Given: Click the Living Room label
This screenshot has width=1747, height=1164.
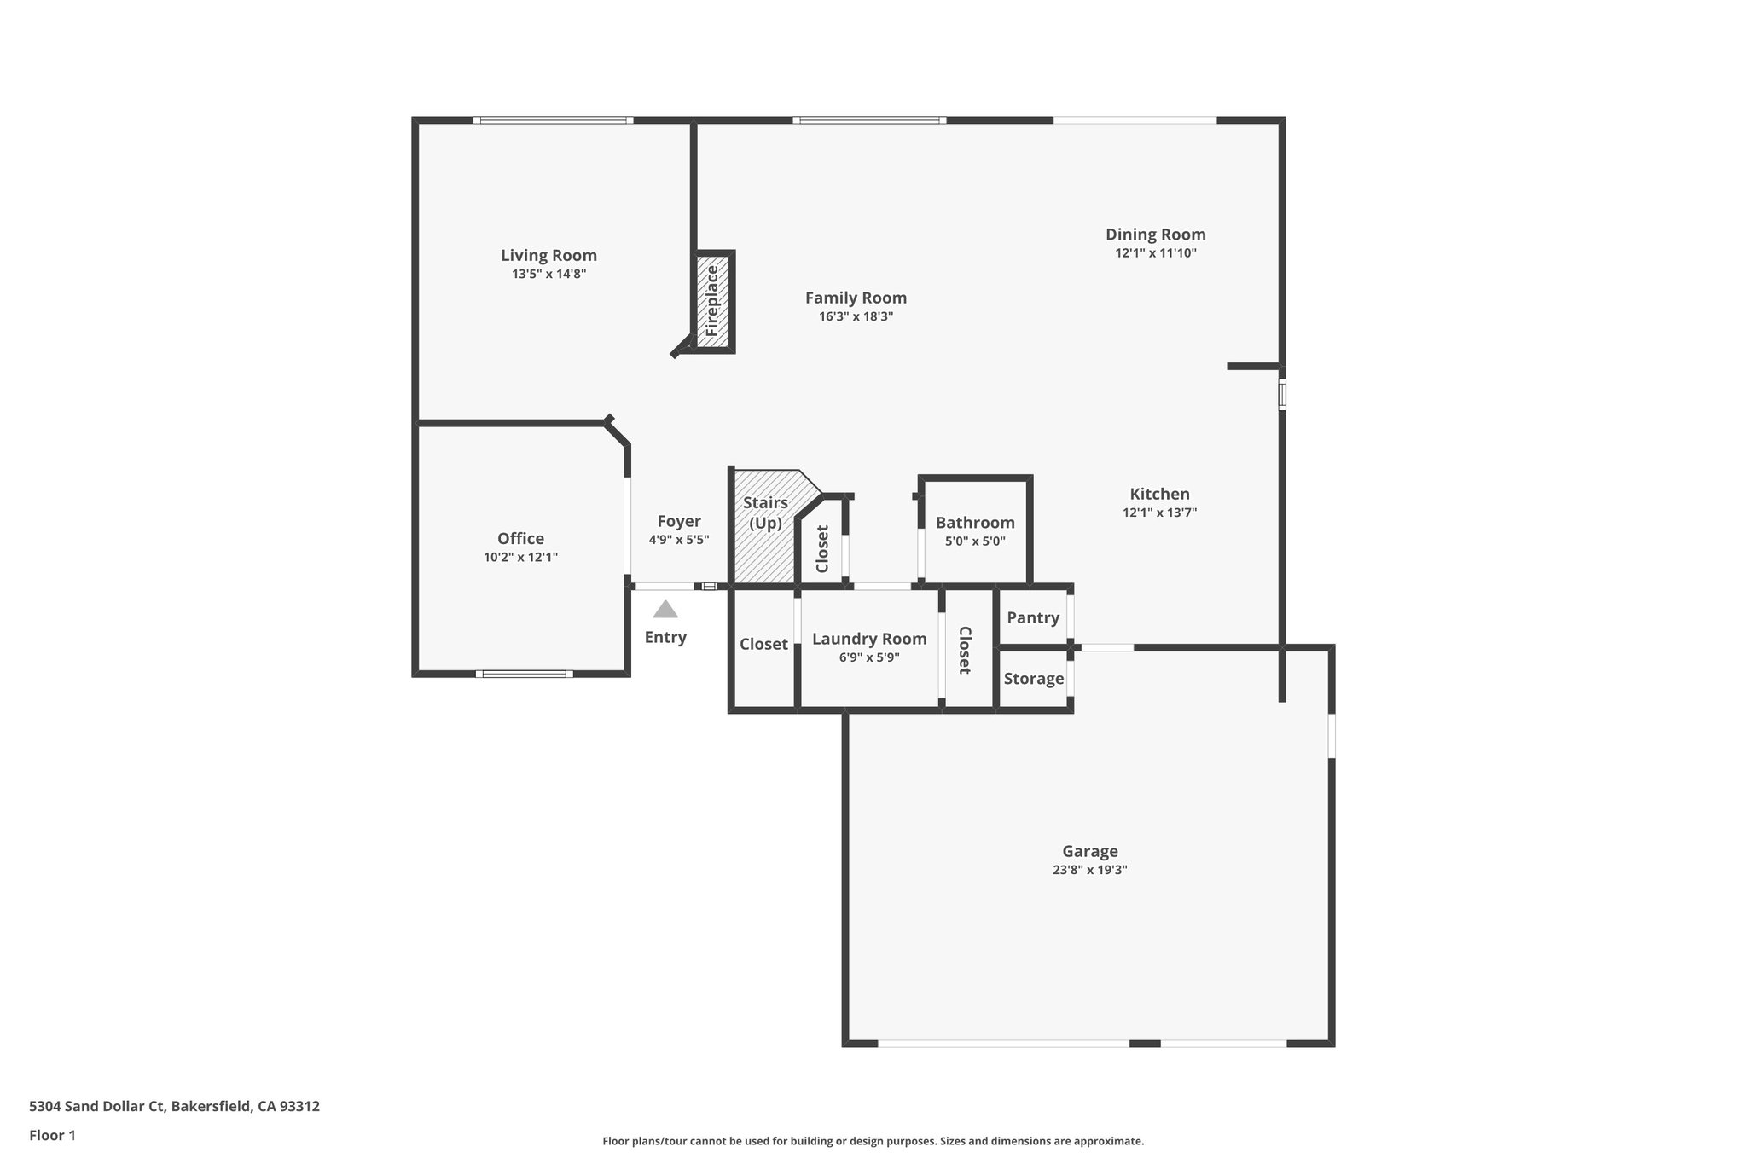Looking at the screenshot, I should (548, 255).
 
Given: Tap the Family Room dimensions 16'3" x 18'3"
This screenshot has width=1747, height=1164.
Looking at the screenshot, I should (856, 316).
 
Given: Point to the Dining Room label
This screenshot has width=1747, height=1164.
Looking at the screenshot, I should (1155, 235).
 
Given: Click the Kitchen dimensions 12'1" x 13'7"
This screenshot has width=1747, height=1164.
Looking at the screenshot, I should (1159, 513).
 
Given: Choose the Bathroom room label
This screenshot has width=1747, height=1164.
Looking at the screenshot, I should (975, 523).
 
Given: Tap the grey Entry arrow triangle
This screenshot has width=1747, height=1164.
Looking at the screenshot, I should (665, 610).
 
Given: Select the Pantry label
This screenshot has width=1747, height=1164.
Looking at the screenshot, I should (1033, 617).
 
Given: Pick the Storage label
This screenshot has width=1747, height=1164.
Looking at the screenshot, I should (1033, 679).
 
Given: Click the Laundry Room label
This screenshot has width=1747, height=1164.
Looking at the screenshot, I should (869, 639).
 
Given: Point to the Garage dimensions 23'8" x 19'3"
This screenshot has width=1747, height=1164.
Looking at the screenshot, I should (1089, 870).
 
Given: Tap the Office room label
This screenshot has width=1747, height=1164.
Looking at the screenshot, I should (520, 538).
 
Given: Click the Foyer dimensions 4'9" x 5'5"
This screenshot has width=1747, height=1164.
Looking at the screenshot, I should (678, 540).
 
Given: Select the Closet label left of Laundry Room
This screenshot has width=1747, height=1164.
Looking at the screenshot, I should (763, 644).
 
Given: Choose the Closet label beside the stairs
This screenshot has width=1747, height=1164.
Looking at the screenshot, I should (822, 548).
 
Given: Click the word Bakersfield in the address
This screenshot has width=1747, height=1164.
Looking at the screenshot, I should (211, 1106).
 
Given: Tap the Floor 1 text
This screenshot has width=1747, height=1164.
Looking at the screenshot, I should (52, 1135).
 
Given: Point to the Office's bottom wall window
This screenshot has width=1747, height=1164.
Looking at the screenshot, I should (525, 674).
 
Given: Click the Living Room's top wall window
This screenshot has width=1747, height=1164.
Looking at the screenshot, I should (553, 120).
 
